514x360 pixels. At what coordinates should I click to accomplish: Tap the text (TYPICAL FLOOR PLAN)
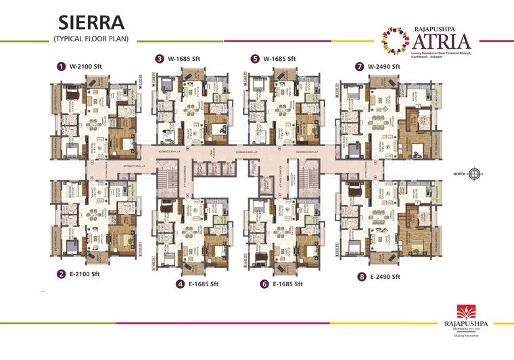[x=91, y=39]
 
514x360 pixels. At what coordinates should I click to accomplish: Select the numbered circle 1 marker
[x=61, y=66]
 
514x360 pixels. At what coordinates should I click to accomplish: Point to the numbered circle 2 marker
[x=61, y=274]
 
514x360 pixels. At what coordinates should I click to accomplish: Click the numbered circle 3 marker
[x=160, y=59]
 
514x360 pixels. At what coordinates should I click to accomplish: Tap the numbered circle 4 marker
[x=181, y=284]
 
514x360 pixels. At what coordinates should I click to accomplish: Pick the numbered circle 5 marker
[x=255, y=59]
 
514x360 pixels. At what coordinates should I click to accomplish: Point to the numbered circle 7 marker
[x=360, y=67]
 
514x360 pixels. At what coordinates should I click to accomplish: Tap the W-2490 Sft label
[x=385, y=67]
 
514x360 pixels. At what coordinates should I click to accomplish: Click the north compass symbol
[x=475, y=174]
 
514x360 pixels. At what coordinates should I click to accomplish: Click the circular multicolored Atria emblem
[x=392, y=39]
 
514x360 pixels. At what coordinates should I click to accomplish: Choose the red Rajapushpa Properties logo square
[x=467, y=312]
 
